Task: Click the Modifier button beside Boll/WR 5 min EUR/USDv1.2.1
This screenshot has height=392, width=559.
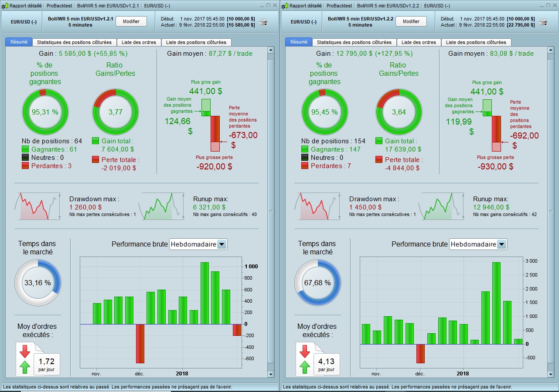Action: [131, 21]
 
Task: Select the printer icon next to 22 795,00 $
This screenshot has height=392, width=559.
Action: [543, 22]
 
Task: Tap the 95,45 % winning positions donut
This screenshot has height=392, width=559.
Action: [325, 112]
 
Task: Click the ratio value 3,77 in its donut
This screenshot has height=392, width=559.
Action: [116, 112]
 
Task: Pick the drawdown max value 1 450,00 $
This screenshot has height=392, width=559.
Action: [365, 207]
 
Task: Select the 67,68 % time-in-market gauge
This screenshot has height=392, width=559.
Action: [317, 283]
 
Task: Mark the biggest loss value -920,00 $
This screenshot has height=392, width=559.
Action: [215, 166]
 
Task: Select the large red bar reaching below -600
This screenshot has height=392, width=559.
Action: [140, 344]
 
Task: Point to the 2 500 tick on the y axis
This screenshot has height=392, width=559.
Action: [531, 275]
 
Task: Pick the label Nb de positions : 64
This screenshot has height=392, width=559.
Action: [52, 141]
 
